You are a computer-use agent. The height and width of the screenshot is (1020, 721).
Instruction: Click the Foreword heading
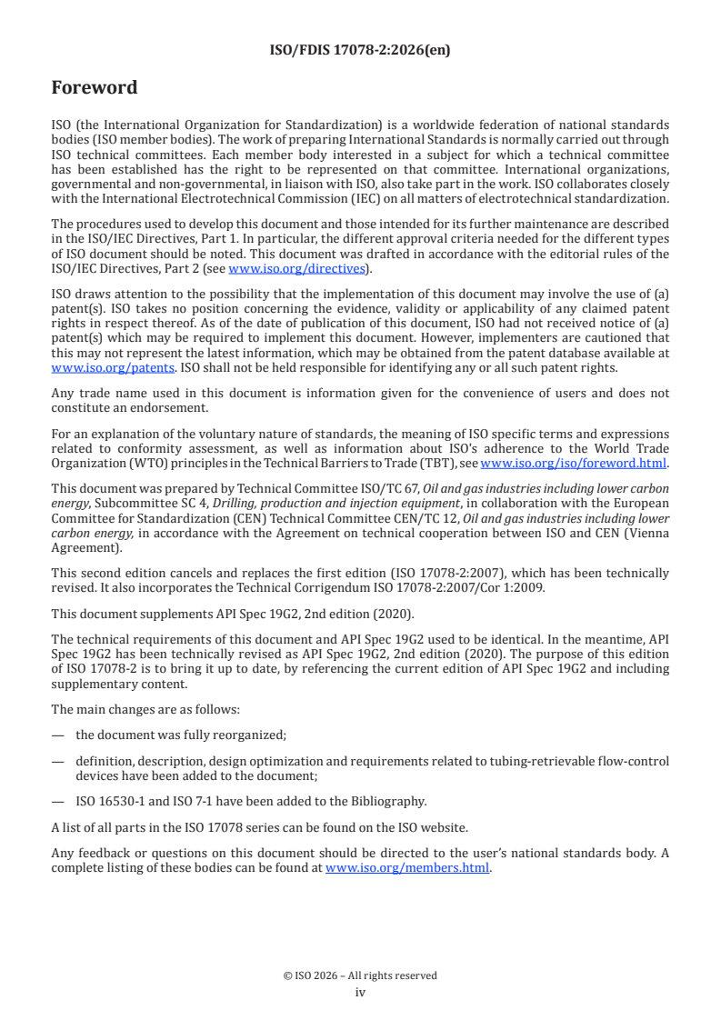click(x=95, y=88)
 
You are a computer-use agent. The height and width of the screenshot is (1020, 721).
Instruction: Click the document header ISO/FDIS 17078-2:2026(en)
click(x=360, y=51)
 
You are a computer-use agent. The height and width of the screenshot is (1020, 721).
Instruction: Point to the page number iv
click(x=360, y=992)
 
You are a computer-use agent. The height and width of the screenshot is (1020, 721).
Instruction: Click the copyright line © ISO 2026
click(x=360, y=975)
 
